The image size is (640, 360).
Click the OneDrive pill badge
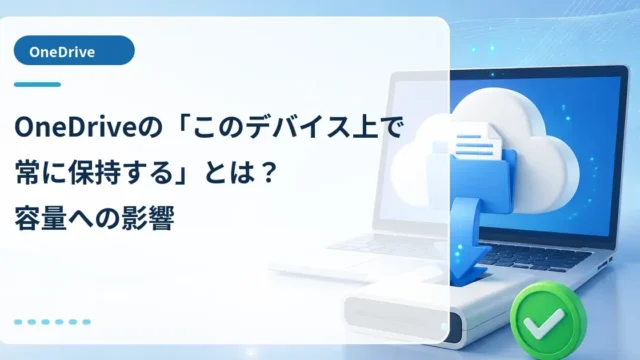click(x=74, y=51)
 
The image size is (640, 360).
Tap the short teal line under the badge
click(x=37, y=84)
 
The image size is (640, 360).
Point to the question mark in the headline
click(x=268, y=173)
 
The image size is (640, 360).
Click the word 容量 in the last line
click(x=40, y=218)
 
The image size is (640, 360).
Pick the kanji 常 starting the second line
click(x=27, y=173)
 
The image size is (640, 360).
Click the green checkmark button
click(x=547, y=318)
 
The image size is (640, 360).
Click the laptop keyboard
click(x=531, y=256)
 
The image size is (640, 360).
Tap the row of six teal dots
click(x=52, y=322)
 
